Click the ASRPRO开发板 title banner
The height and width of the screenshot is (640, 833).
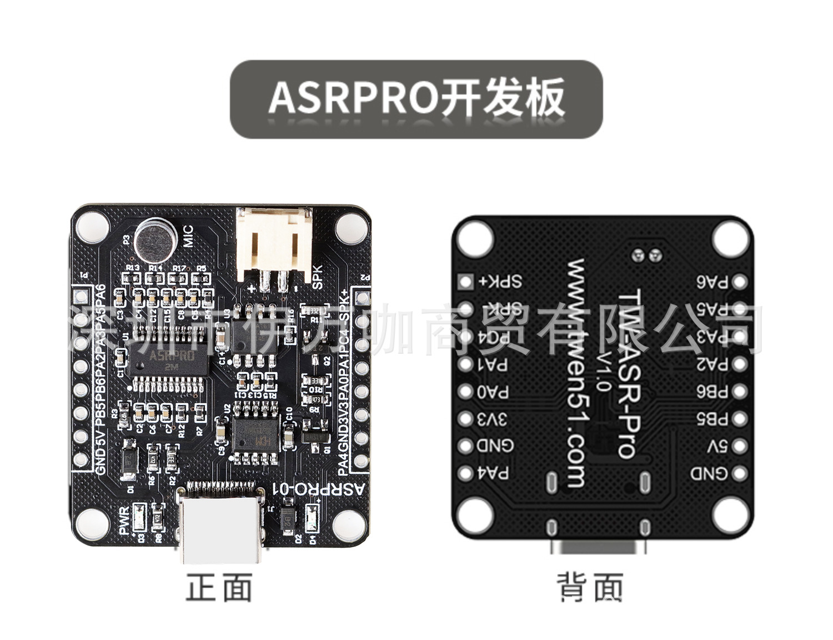click(416, 99)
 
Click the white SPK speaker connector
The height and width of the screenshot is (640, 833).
click(272, 244)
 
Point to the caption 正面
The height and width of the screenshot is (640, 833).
click(219, 588)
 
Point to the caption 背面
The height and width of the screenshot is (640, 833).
click(590, 588)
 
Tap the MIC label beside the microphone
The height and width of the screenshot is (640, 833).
click(188, 237)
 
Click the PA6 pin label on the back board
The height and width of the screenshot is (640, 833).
click(713, 282)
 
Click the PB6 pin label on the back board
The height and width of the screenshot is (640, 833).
click(713, 392)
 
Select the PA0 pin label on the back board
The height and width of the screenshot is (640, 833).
click(493, 392)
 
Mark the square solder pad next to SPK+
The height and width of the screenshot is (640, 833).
click(465, 282)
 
